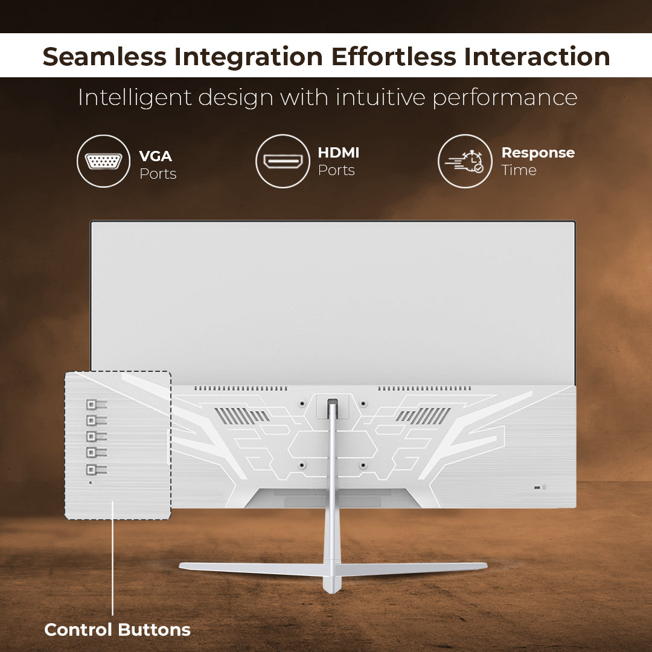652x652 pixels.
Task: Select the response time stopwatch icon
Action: click(x=465, y=161)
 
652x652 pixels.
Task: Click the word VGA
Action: click(x=156, y=156)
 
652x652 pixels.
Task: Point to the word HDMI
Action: click(x=339, y=153)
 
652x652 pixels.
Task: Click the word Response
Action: click(x=538, y=153)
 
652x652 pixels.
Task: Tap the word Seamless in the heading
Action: click(x=104, y=57)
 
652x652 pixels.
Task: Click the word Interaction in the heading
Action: click(x=537, y=57)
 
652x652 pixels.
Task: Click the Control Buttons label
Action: click(x=117, y=630)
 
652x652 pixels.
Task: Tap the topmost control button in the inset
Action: click(x=96, y=404)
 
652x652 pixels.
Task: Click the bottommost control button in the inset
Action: click(x=96, y=470)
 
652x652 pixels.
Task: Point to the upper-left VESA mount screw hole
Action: click(x=302, y=403)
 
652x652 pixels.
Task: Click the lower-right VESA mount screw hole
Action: click(x=363, y=465)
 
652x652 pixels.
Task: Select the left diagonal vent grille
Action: click(x=241, y=416)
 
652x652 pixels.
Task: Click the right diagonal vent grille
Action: click(x=423, y=416)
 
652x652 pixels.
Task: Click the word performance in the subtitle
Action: click(x=505, y=98)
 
